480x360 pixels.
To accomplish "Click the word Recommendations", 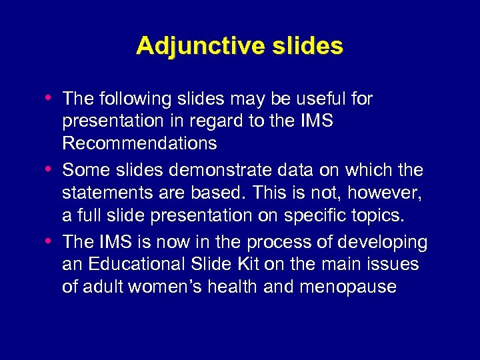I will [x=139, y=143].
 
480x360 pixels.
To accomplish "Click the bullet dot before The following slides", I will [x=52, y=98].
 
